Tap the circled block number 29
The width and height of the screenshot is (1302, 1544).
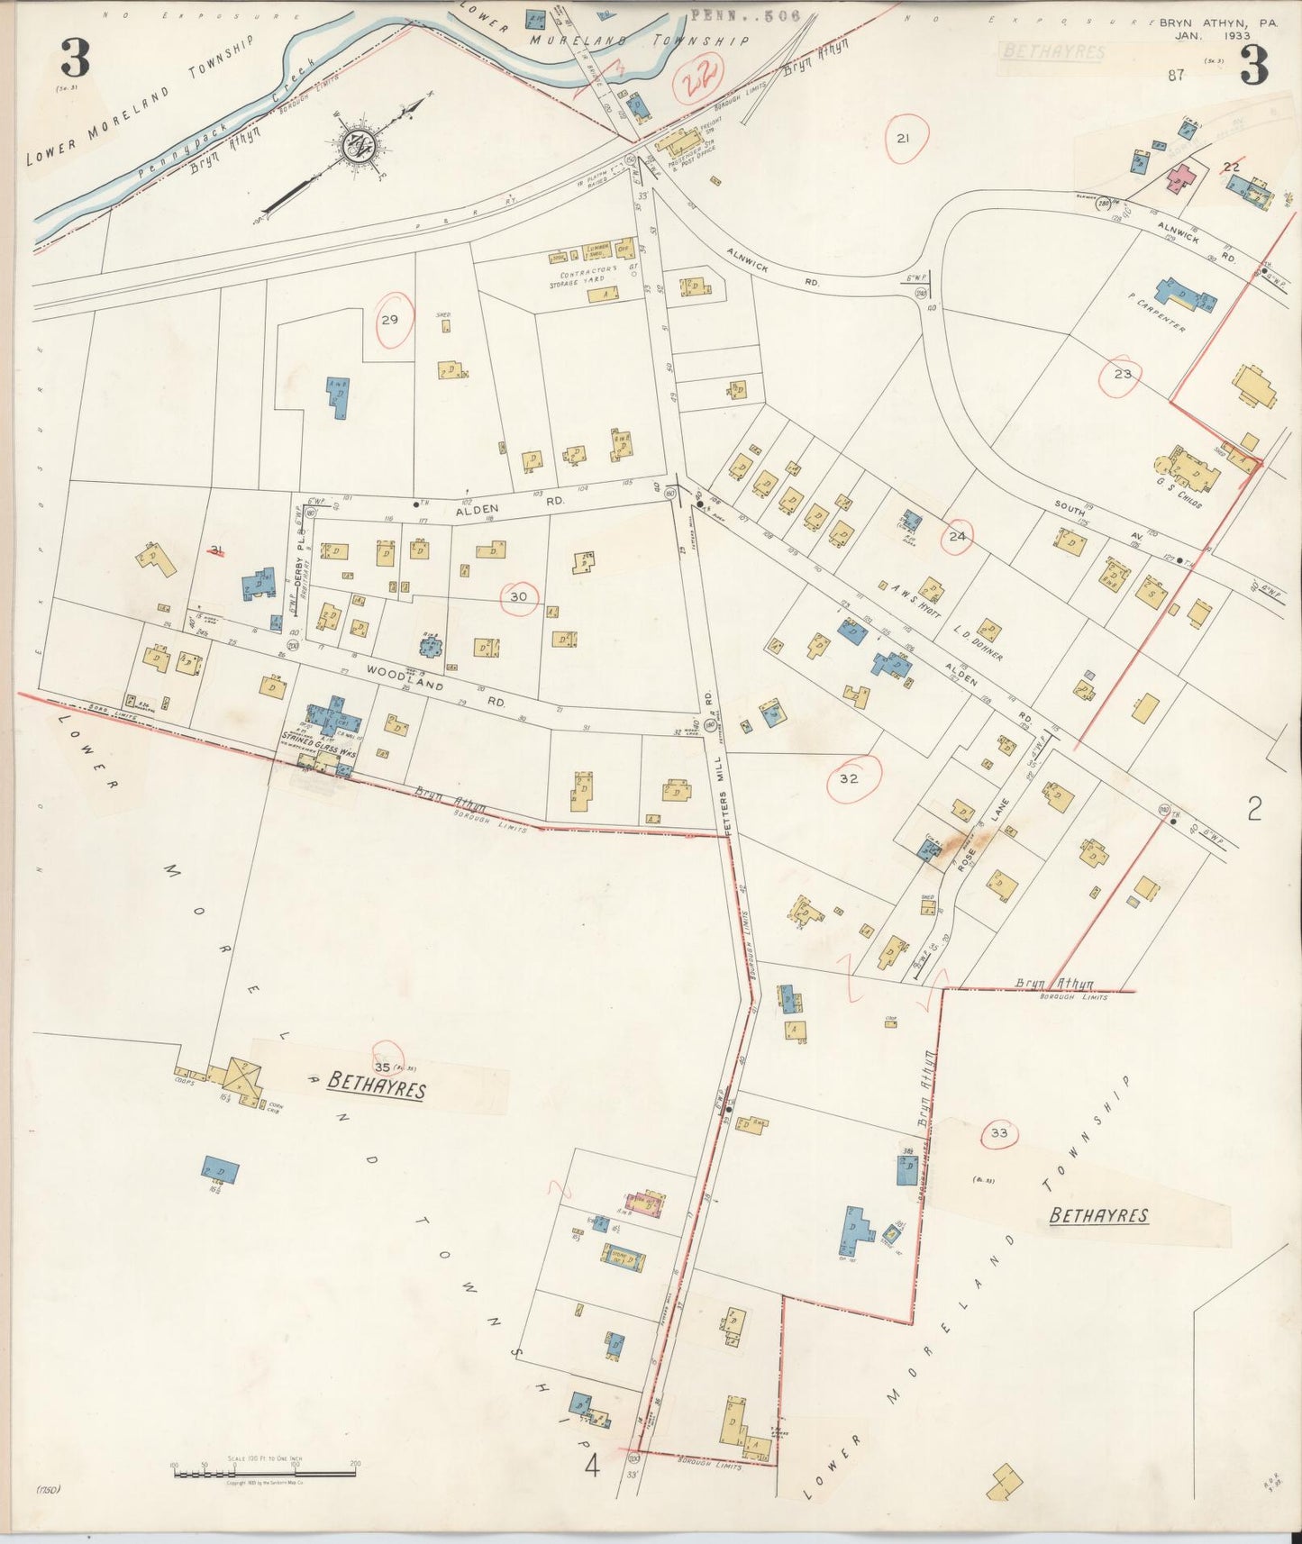[389, 320]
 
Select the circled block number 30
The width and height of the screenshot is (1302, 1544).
[518, 596]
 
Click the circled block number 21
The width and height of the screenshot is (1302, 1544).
[903, 138]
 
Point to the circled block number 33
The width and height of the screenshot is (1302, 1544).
[998, 1133]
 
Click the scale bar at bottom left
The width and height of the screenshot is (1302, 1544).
[266, 1473]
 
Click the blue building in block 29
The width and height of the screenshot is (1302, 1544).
[339, 396]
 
